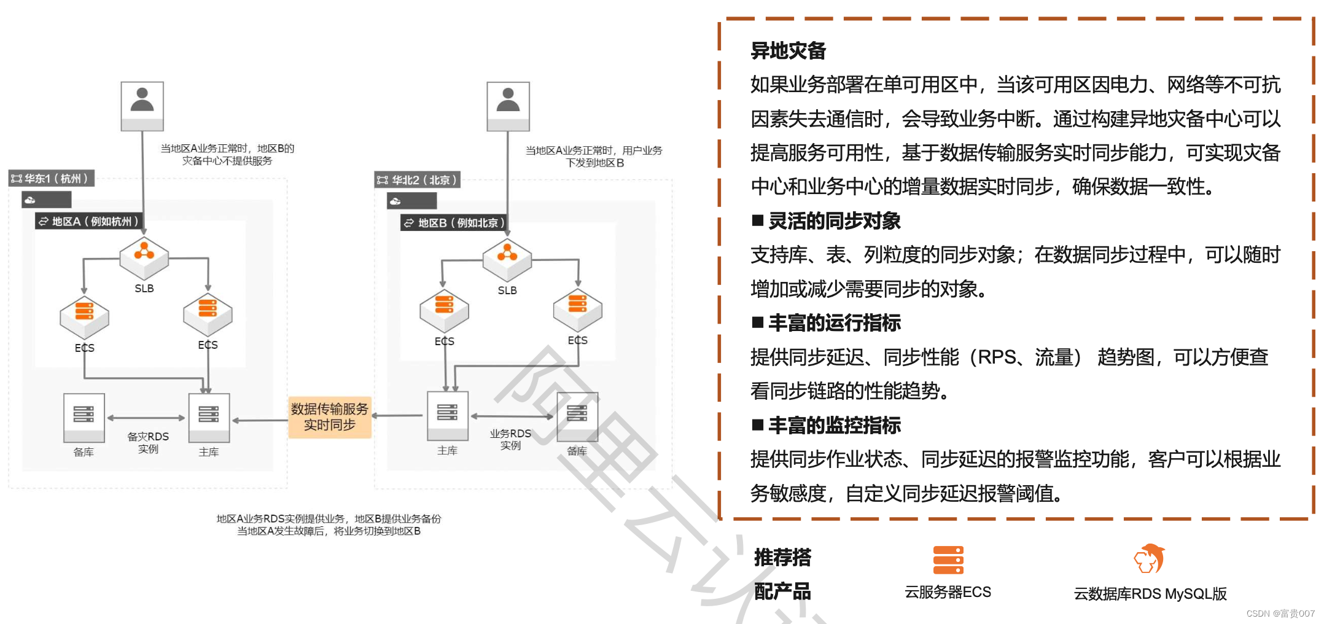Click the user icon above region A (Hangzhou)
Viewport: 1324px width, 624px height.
click(x=142, y=105)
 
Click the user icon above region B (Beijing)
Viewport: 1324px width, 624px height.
click(x=508, y=105)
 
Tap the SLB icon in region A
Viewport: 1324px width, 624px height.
click(x=144, y=256)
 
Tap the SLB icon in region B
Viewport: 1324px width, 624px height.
click(x=507, y=258)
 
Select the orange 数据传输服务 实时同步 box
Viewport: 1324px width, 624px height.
click(x=330, y=417)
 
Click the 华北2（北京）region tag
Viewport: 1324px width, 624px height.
click(x=418, y=180)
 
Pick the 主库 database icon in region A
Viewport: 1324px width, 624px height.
click(x=209, y=416)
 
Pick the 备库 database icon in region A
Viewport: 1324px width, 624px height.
click(x=84, y=416)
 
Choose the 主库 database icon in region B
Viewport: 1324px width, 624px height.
click(x=448, y=415)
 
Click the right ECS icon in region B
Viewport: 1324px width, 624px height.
click(x=577, y=309)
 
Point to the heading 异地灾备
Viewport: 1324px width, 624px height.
click(x=789, y=51)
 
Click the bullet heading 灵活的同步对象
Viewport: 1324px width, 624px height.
click(x=834, y=221)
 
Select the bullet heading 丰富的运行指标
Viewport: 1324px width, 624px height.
click(x=834, y=323)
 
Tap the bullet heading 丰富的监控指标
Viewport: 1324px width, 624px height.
click(x=834, y=425)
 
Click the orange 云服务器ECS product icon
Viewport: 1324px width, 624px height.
click(x=948, y=560)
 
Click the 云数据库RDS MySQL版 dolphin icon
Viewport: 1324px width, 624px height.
click(x=1149, y=558)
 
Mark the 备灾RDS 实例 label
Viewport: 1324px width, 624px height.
click(x=148, y=442)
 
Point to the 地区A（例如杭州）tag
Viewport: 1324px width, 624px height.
click(x=90, y=221)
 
